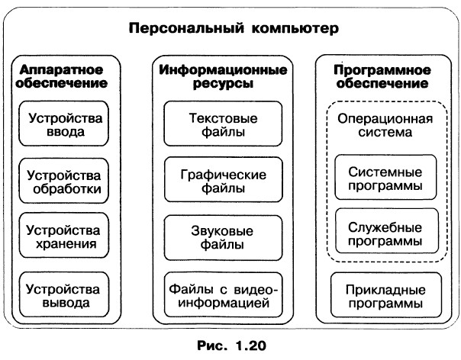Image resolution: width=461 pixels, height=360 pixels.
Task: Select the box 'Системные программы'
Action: [385, 178]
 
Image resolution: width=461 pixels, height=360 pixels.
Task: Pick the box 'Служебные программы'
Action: [385, 232]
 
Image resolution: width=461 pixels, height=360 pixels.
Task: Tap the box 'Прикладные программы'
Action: [385, 295]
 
